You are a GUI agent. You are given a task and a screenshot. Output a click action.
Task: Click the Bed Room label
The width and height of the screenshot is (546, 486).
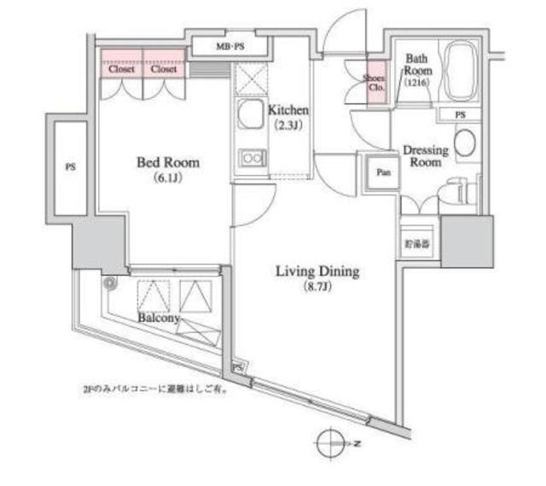tap(166, 161)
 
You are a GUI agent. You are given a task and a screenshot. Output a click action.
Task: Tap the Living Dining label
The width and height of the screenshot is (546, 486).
tap(317, 272)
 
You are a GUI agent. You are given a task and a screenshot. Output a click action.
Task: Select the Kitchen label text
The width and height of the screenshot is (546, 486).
tap(288, 111)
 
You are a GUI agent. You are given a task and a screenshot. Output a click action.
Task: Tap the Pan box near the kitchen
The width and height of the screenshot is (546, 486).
tap(384, 172)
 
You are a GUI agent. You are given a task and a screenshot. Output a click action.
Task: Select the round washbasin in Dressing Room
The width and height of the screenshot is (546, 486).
tap(466, 143)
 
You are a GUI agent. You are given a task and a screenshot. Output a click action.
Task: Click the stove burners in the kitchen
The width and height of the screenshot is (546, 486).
tap(251, 158)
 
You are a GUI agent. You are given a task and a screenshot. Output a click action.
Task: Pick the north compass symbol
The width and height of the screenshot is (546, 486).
tap(330, 443)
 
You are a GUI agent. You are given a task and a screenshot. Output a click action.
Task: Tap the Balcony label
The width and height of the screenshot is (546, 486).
tap(159, 318)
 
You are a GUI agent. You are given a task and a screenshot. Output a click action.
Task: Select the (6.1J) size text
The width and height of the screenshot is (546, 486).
tap(166, 179)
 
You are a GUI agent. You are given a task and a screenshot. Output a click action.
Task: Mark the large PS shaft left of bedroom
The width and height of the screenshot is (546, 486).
tap(69, 167)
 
